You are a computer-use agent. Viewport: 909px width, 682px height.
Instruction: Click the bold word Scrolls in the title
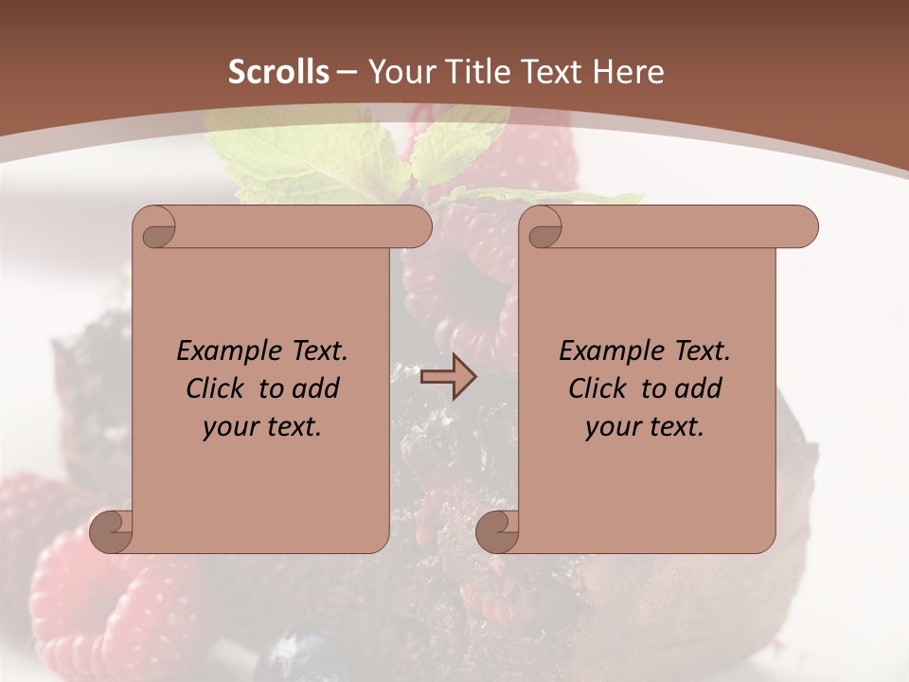[278, 72]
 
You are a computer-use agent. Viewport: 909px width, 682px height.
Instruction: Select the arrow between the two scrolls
[448, 377]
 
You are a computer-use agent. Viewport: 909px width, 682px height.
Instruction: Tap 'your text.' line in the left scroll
[262, 427]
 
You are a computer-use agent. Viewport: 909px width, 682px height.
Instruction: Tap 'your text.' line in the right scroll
[645, 427]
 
